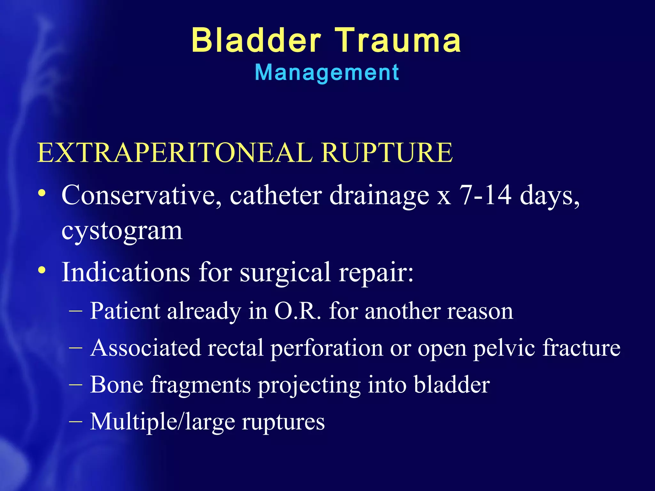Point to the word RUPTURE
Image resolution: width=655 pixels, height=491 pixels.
point(387,152)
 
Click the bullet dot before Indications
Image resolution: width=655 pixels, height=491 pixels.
point(42,270)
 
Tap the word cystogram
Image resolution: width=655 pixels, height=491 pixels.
point(122,231)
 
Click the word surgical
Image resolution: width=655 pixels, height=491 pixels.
point(285,272)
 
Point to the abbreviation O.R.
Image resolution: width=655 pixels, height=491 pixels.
point(297,311)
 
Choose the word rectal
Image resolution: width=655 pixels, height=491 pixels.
point(235,348)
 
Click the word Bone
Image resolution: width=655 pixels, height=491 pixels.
point(116,385)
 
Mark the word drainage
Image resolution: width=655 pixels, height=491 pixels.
point(379,196)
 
